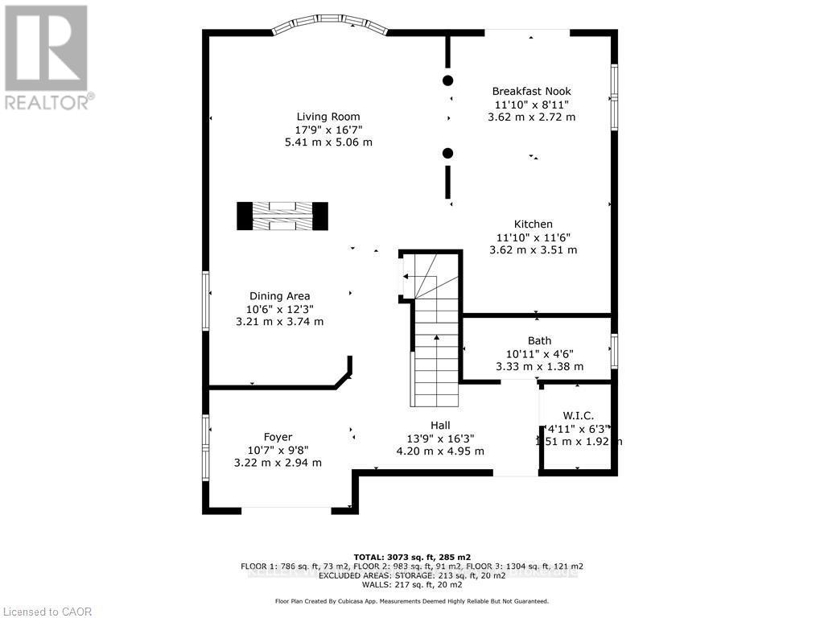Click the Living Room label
point(328,116)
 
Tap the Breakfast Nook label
point(531,91)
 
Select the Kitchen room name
point(534,224)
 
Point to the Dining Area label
point(279,295)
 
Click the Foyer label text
point(278,437)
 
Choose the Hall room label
point(440,425)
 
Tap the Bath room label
point(539,340)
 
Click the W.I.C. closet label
point(577,415)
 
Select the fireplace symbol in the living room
point(282,216)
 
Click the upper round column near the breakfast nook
point(448,80)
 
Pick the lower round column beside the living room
point(448,153)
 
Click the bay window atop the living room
point(329,26)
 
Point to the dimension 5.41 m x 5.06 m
point(328,142)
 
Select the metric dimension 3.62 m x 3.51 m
point(534,249)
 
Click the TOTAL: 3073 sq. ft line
point(412,557)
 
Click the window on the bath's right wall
point(614,352)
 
